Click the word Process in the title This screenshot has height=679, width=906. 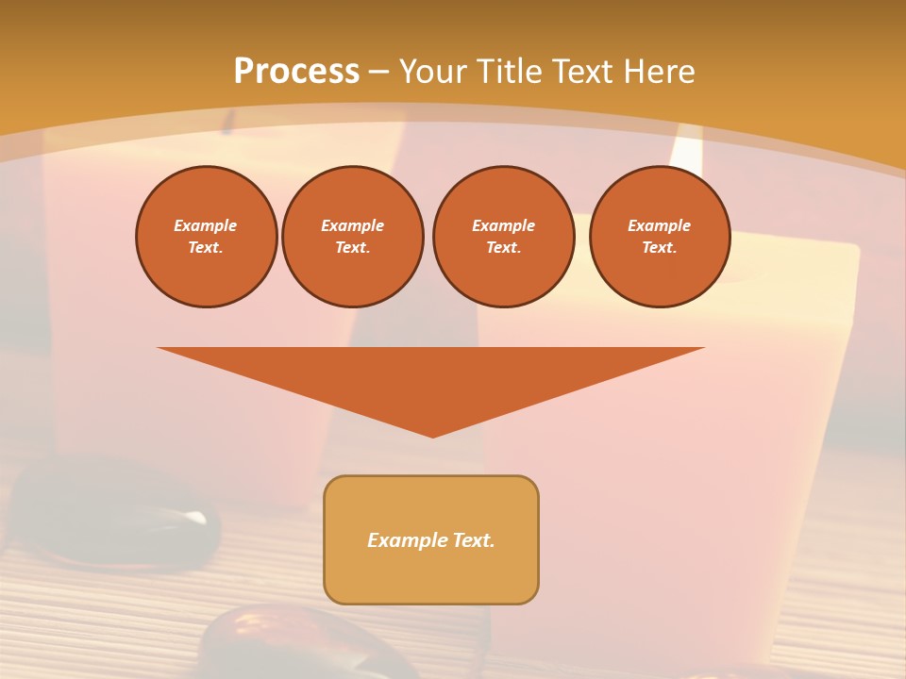pyautogui.click(x=296, y=72)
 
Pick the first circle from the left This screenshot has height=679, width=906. pyautogui.click(x=206, y=236)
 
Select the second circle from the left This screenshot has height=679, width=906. pyautogui.click(x=352, y=236)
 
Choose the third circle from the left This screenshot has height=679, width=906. pyautogui.click(x=503, y=236)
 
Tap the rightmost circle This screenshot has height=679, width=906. pyautogui.click(x=659, y=236)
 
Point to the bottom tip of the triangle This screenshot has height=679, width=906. pyautogui.click(x=432, y=436)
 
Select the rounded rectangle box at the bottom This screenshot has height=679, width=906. pyautogui.click(x=431, y=539)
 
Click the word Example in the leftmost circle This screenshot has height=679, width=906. pyautogui.click(x=206, y=225)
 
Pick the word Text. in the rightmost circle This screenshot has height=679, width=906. pyautogui.click(x=659, y=247)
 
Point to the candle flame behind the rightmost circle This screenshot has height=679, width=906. pyautogui.click(x=688, y=151)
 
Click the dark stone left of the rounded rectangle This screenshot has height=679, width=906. pyautogui.click(x=113, y=514)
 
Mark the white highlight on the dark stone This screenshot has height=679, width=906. pyautogui.click(x=194, y=517)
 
